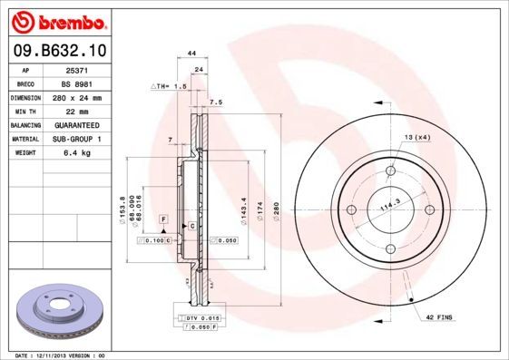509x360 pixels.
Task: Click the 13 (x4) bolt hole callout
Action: pos(417,136)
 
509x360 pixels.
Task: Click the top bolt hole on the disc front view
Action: pos(392,171)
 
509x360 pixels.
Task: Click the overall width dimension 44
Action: pos(191,54)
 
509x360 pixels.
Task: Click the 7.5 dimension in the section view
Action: pos(216,102)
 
